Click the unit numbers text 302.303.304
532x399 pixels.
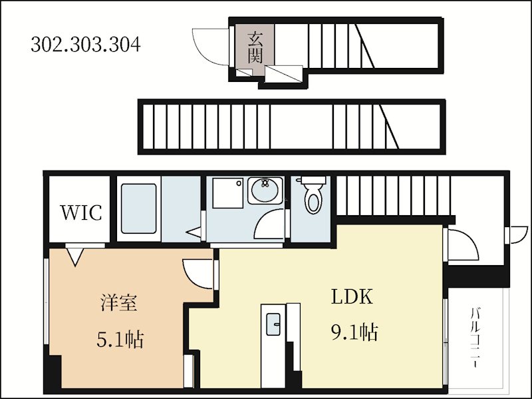pos(86,45)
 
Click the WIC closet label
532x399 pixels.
pos(81,212)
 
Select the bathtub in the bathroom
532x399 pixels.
pos(138,206)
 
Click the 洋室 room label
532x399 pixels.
pos(119,304)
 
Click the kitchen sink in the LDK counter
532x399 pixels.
pos(273,326)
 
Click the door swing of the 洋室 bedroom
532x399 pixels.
pos(198,272)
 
